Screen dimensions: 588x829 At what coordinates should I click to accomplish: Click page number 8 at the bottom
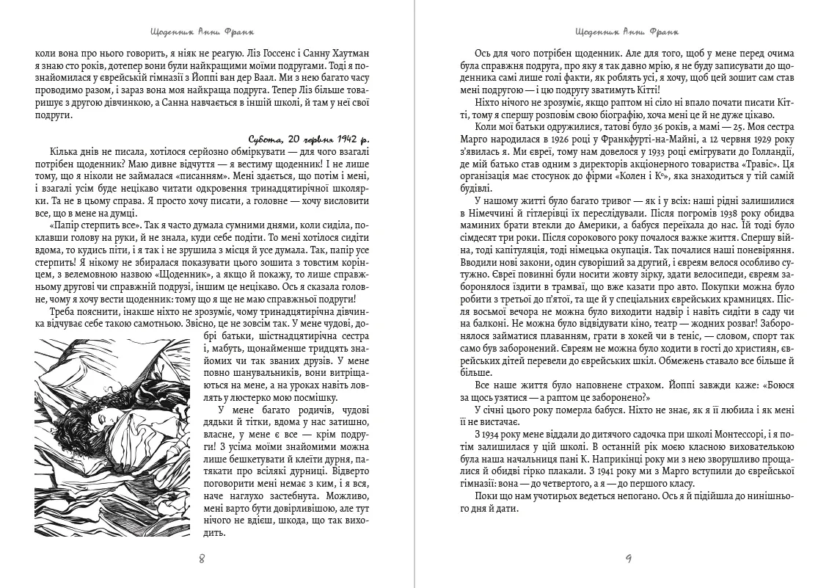(202, 559)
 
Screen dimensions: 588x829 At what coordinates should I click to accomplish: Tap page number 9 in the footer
(628, 559)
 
